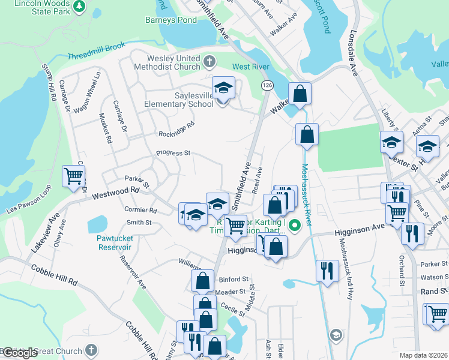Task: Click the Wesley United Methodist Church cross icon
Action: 209,61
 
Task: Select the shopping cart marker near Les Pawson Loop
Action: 74,176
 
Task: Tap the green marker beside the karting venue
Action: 294,226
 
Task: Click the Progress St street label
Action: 173,153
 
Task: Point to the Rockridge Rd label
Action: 176,128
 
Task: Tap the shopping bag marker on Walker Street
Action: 300,94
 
